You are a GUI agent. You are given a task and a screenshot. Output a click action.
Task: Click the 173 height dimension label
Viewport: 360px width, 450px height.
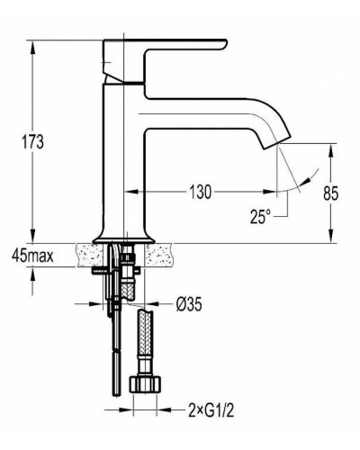click(32, 141)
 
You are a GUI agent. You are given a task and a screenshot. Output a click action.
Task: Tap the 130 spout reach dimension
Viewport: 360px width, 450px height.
click(200, 192)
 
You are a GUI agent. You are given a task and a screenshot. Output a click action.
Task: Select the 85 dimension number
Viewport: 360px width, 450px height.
click(331, 193)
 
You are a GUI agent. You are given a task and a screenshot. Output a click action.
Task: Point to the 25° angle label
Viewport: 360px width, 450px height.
click(260, 216)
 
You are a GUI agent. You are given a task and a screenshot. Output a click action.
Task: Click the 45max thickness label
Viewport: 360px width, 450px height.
click(33, 256)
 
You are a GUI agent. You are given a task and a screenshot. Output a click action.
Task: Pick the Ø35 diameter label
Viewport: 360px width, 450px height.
click(189, 304)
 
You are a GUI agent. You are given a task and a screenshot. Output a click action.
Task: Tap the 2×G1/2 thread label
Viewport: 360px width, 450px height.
click(211, 410)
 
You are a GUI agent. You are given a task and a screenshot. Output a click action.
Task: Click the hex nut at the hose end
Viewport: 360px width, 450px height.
click(145, 384)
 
